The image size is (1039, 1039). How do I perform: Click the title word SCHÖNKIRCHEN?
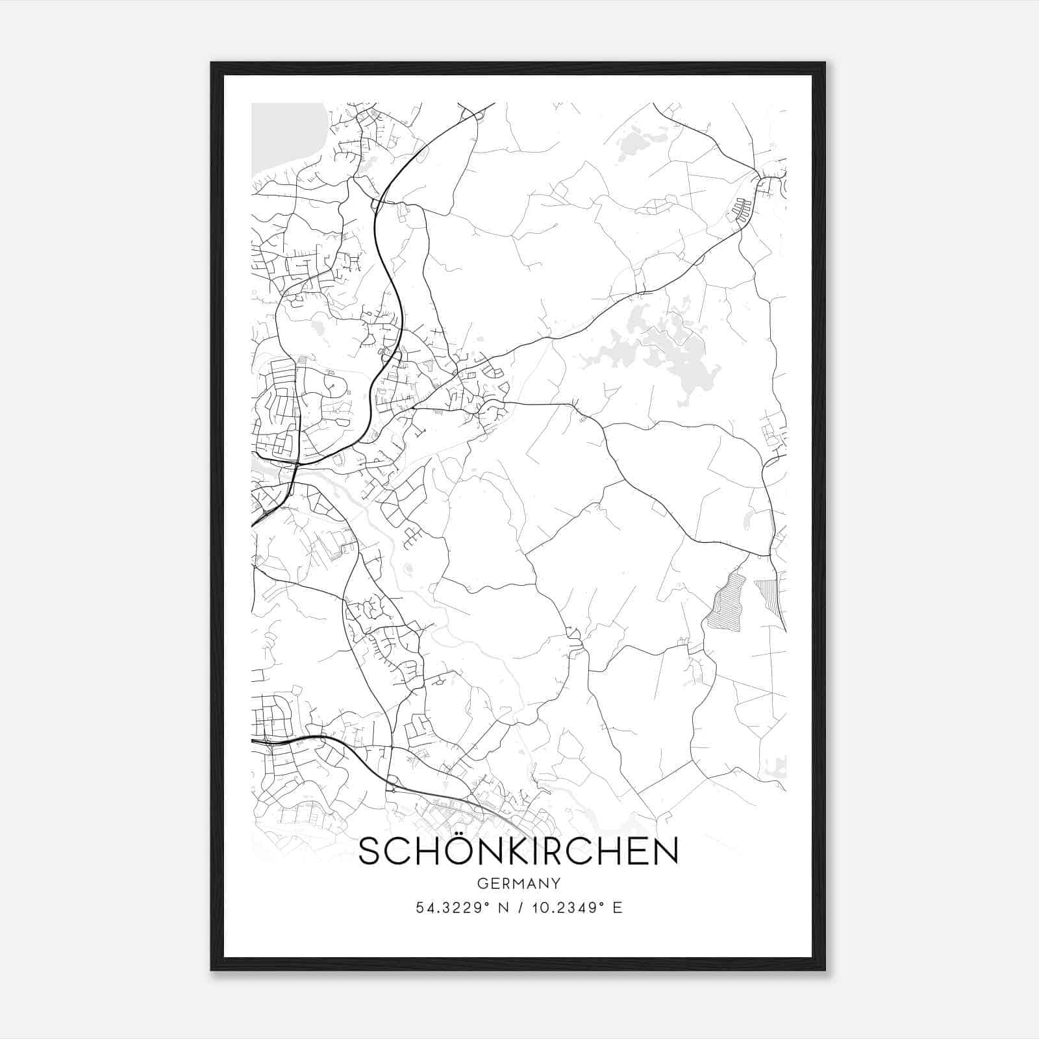point(518,851)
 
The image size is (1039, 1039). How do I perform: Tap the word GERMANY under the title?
point(518,883)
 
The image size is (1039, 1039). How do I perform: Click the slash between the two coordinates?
point(519,908)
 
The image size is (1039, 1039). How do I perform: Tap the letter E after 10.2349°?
point(618,908)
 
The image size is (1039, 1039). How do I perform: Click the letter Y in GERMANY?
point(555,883)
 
